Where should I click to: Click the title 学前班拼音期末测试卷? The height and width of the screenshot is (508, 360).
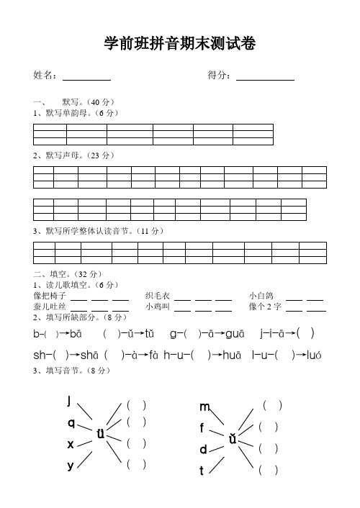coord(180,45)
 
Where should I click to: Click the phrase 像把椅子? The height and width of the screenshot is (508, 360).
coord(50,296)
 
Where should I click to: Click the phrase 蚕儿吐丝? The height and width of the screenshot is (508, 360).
coord(50,307)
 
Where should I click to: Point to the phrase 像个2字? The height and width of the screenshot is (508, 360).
coord(264,307)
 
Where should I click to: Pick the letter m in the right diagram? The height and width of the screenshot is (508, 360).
coord(205,407)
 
